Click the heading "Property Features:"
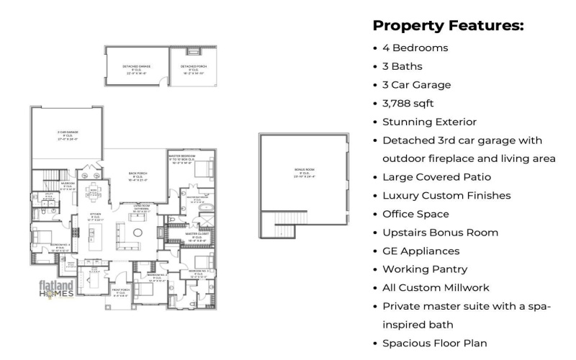pos(447,26)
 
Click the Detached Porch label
pos(193,70)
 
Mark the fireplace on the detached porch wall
pos(192,51)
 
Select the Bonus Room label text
pos(305,172)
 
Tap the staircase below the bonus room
pos(278,227)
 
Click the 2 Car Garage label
pos(67,134)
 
